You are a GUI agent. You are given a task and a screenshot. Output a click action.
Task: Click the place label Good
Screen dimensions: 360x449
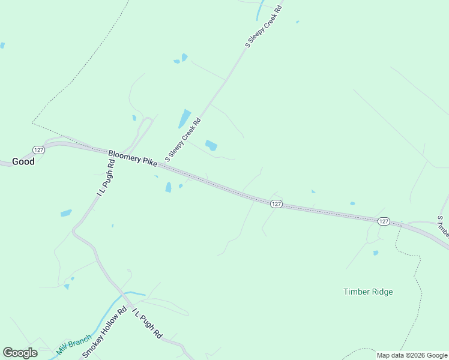pyautogui.click(x=23, y=161)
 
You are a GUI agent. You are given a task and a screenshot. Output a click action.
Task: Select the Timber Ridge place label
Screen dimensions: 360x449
pyautogui.click(x=368, y=292)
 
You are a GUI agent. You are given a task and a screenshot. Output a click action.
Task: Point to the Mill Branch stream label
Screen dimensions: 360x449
pyautogui.click(x=74, y=344)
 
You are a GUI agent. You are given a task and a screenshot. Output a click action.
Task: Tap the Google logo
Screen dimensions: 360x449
pyautogui.click(x=20, y=353)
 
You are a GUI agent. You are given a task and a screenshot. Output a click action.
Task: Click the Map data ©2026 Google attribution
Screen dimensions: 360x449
pyautogui.click(x=412, y=355)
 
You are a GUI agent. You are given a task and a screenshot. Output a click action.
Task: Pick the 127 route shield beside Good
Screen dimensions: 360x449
pyautogui.click(x=38, y=149)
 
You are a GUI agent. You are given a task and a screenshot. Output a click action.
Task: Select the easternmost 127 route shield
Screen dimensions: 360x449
pyautogui.click(x=384, y=221)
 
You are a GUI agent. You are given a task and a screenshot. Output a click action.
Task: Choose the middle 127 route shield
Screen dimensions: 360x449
pyautogui.click(x=276, y=204)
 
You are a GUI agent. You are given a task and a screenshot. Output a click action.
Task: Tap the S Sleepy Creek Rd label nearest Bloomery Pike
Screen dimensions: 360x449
pyautogui.click(x=183, y=140)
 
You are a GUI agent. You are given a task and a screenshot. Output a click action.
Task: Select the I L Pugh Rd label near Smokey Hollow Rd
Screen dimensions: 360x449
pyautogui.click(x=147, y=322)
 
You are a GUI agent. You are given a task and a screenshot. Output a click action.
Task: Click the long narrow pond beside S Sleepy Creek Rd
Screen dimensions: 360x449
pyautogui.click(x=184, y=119)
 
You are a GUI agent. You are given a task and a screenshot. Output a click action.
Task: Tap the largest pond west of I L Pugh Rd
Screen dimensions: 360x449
pyautogui.click(x=66, y=213)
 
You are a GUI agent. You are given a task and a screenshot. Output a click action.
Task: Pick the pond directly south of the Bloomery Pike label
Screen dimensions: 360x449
pyautogui.click(x=168, y=187)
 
